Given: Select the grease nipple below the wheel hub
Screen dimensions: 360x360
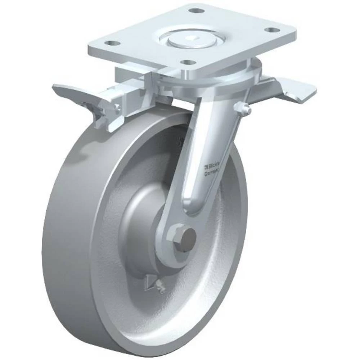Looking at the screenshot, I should click(160, 288).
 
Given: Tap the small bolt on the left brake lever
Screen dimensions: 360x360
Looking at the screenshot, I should click(116, 107).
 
